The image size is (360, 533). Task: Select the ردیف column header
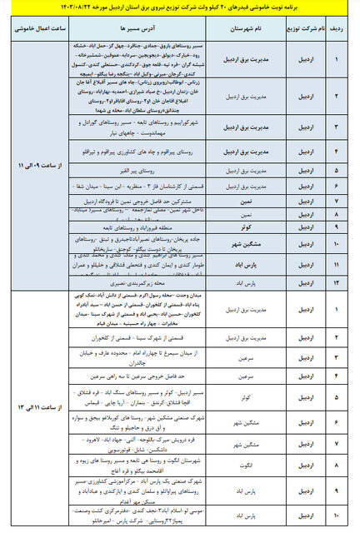341,26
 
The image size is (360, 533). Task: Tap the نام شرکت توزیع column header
299,26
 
